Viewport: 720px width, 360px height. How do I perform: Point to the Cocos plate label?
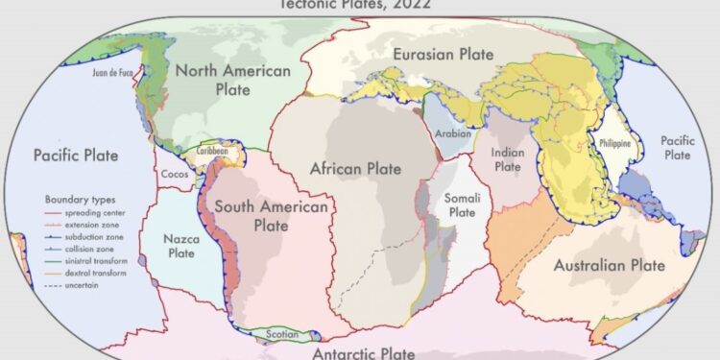[175, 174]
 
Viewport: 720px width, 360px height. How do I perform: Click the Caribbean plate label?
[212, 151]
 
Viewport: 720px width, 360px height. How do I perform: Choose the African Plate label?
[355, 169]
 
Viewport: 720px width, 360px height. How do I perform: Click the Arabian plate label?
[453, 134]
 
